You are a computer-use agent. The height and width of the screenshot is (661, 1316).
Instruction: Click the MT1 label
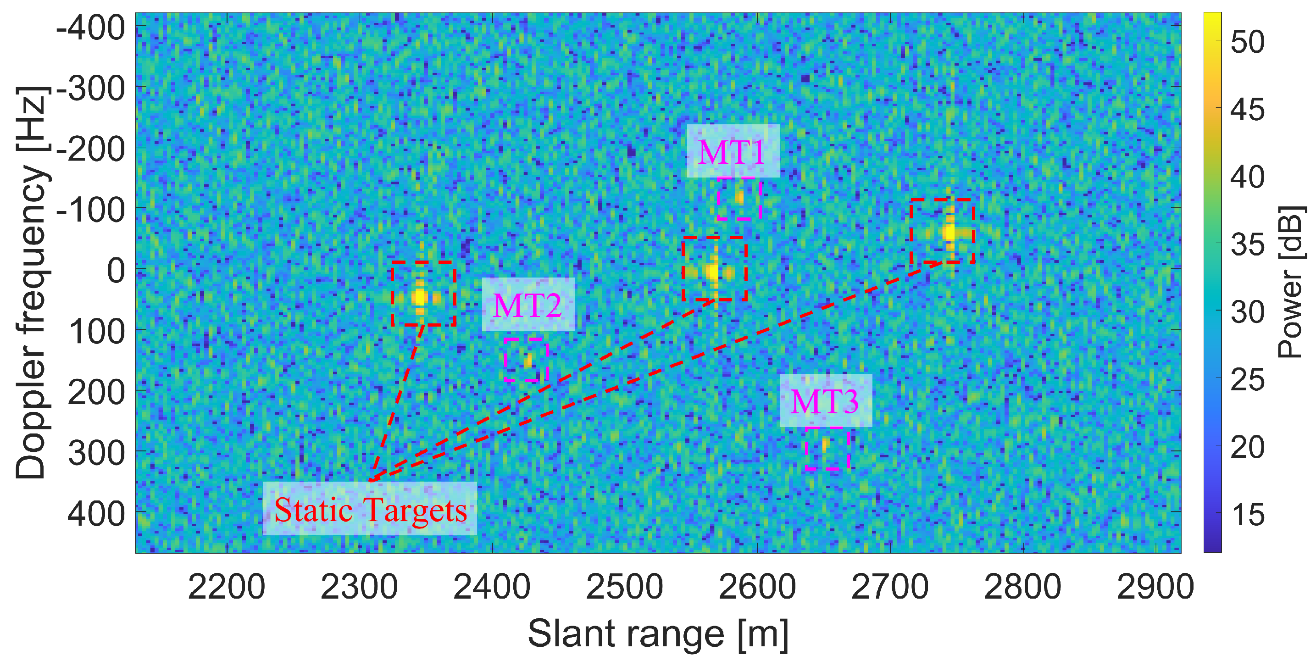[x=732, y=152]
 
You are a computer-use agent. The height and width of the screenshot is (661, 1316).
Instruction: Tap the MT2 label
[x=528, y=305]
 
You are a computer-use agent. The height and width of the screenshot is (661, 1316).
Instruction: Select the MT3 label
[x=825, y=401]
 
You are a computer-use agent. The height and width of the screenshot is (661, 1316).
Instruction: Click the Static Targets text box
[x=370, y=509]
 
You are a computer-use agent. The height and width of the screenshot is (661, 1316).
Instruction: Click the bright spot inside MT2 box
[x=528, y=361]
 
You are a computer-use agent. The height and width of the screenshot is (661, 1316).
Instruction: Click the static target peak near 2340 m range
[x=420, y=296]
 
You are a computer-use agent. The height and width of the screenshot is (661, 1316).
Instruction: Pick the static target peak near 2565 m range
[x=712, y=271]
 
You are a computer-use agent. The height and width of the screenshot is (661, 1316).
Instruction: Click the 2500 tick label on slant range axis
[x=624, y=587]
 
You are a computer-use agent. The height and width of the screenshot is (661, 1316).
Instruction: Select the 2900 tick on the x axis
[x=1155, y=587]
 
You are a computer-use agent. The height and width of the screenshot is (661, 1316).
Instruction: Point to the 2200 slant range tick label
[x=226, y=587]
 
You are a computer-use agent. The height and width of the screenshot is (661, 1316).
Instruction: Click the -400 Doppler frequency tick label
[x=90, y=28]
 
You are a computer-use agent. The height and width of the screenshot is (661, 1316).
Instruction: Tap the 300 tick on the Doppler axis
[x=96, y=453]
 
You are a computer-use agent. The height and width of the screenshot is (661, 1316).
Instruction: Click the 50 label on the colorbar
[x=1247, y=42]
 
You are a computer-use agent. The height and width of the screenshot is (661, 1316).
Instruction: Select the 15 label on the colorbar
[x=1247, y=515]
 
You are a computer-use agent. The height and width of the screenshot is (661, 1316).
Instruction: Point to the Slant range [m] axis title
[x=658, y=634]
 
